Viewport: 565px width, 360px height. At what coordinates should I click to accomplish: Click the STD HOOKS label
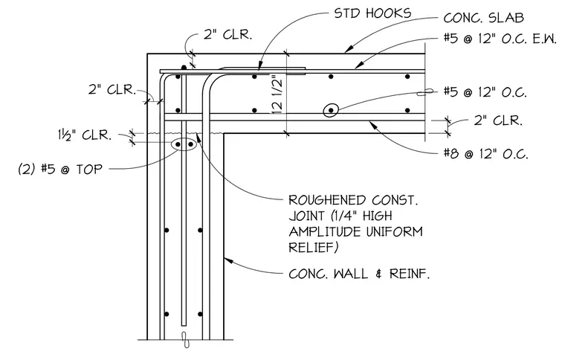tap(372, 13)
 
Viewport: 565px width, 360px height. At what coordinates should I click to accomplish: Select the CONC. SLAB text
tap(483, 18)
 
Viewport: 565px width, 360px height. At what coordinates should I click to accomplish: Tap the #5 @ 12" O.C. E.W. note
tap(500, 39)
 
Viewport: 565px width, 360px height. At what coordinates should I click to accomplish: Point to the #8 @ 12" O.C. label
tap(485, 154)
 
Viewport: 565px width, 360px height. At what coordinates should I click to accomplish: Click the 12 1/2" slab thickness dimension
tap(277, 94)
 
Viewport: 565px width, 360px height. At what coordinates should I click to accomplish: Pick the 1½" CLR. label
tap(85, 135)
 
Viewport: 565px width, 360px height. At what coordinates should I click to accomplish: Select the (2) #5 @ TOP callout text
tap(60, 169)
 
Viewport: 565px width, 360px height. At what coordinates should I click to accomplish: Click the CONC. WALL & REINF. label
tap(359, 274)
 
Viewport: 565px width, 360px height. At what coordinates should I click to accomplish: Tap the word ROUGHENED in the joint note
tap(327, 200)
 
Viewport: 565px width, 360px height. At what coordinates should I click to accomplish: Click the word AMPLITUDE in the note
tap(326, 231)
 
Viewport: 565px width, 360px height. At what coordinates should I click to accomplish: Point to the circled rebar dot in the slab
tap(331, 110)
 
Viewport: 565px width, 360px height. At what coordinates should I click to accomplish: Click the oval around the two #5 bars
tap(184, 144)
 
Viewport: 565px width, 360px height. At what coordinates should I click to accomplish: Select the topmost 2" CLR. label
tap(227, 35)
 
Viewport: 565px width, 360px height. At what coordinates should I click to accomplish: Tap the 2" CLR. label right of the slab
tap(498, 120)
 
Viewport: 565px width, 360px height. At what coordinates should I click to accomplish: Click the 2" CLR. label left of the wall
tap(112, 89)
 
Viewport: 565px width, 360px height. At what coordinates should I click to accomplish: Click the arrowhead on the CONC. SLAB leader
tap(348, 50)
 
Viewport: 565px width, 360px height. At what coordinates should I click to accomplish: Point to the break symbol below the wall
tap(185, 339)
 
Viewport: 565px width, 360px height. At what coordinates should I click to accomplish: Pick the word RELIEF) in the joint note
tap(314, 247)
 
